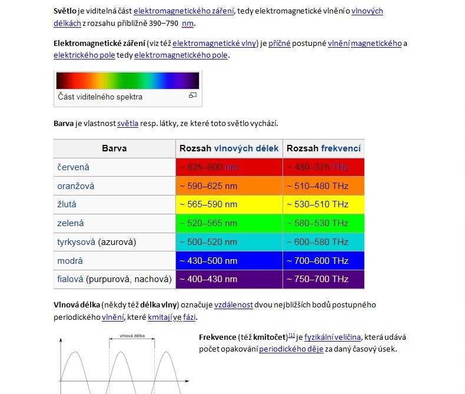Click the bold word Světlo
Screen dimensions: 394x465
coord(67,11)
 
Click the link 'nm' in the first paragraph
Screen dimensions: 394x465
coord(188,24)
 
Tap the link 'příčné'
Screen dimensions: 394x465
coord(279,44)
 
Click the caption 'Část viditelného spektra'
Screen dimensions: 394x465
coord(100,97)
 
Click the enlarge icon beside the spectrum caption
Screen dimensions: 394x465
coord(192,95)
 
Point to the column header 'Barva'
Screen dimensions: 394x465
coord(114,148)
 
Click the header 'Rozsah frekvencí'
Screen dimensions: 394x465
coord(324,148)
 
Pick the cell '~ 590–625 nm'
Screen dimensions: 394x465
coord(208,186)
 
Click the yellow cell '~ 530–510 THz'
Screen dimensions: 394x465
coord(317,204)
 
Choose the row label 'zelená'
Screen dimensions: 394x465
coord(70,223)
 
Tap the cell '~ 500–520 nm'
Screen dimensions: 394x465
coord(208,242)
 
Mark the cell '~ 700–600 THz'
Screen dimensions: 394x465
coord(317,261)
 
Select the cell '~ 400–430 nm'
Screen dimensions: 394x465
coord(208,279)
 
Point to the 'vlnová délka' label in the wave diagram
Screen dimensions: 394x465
coord(132,336)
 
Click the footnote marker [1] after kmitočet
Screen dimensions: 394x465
coord(291,336)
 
